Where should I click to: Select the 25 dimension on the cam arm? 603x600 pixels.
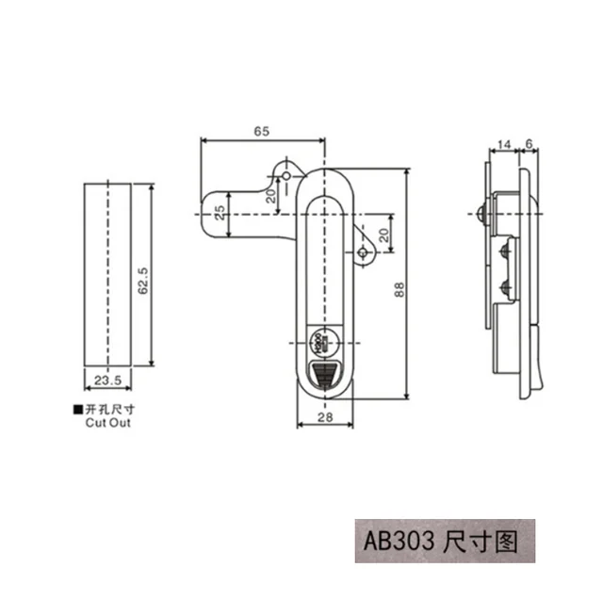pyautogui.click(x=220, y=213)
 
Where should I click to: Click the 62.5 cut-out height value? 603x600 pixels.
pyautogui.click(x=144, y=280)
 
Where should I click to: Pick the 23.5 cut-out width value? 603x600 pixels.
pyautogui.click(x=106, y=381)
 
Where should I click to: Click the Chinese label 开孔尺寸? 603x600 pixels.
pyautogui.click(x=108, y=410)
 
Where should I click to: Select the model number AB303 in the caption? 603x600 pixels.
pyautogui.click(x=395, y=543)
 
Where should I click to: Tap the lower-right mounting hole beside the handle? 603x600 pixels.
pyautogui.click(x=363, y=254)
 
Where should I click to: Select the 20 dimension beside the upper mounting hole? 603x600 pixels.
pyautogui.click(x=270, y=196)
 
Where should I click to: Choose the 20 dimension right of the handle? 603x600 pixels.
pyautogui.click(x=383, y=234)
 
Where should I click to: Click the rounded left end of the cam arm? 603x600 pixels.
pyautogui.click(x=208, y=216)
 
